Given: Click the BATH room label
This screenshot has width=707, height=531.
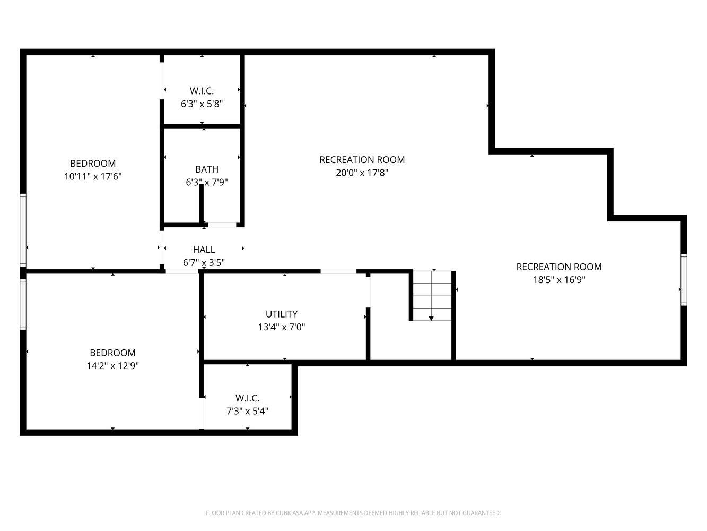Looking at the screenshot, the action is point(206,169).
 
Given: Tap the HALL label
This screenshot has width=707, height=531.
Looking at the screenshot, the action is point(204,250).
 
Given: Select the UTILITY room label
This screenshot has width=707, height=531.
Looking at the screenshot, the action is point(282,314).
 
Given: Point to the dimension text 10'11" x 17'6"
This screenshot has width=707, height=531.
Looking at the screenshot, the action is point(93,177).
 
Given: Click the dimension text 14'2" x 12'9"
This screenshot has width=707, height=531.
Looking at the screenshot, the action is point(113,366).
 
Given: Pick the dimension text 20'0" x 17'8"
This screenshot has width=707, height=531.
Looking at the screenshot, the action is point(362,173).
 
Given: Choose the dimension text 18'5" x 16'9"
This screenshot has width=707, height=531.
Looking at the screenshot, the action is point(559,280).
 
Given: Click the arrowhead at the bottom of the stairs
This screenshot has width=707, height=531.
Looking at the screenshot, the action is point(431,319).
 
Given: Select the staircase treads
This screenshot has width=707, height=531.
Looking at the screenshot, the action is point(432,296).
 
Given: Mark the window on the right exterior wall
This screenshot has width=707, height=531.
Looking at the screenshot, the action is point(684,280).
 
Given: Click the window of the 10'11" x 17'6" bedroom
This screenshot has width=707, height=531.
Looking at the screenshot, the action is point(23,230).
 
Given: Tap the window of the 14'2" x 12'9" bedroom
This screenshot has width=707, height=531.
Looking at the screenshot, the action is point(23,305).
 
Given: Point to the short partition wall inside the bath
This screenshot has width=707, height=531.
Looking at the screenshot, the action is point(202,204).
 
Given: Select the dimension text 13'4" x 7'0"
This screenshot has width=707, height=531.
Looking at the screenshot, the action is point(282,327).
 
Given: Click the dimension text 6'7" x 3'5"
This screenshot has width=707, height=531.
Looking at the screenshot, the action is point(204,263).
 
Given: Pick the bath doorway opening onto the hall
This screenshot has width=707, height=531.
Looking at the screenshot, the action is point(222,225).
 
